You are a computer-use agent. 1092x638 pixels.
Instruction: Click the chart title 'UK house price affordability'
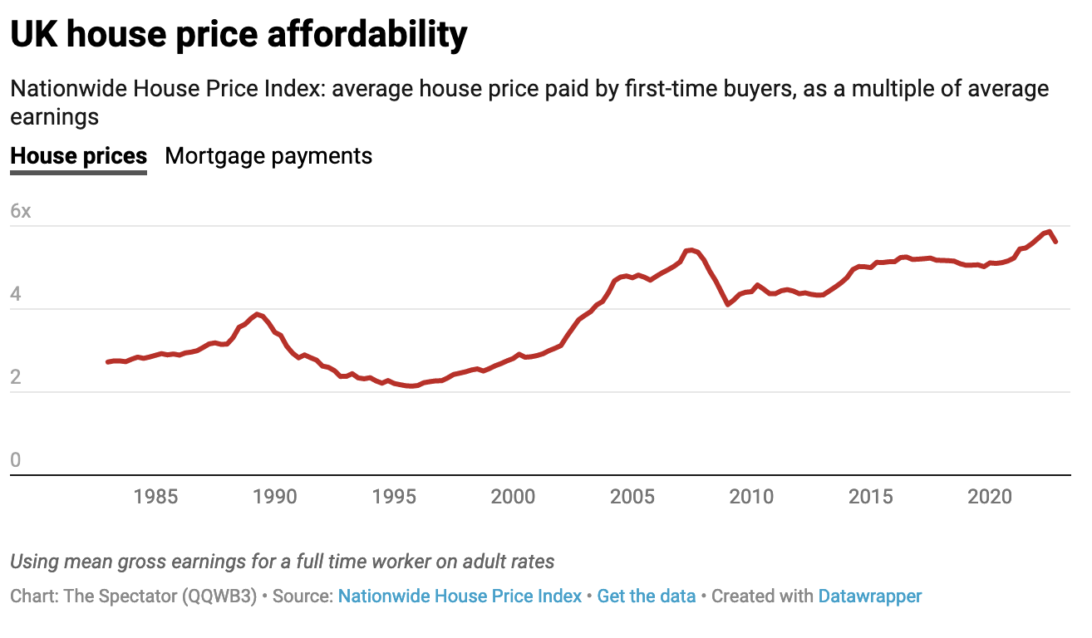[239, 35]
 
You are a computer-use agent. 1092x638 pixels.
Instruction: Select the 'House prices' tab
[78, 156]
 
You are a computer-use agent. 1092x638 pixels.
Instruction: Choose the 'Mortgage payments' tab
[268, 156]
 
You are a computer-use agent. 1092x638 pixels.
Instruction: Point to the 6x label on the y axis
[20, 211]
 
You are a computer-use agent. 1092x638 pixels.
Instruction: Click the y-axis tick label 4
[16, 294]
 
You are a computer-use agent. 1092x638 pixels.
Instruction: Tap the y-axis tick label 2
[16, 377]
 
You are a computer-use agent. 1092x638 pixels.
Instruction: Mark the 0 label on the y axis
[16, 460]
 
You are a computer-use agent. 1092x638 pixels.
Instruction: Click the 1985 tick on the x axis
[155, 497]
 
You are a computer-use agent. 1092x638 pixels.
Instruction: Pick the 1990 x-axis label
[275, 497]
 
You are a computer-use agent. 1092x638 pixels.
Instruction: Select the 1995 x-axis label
[394, 497]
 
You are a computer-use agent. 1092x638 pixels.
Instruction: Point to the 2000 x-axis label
[514, 497]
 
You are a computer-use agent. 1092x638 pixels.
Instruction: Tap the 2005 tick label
[632, 497]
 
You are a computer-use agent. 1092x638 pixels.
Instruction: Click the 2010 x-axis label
[751, 497]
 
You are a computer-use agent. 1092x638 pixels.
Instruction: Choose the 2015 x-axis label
[871, 497]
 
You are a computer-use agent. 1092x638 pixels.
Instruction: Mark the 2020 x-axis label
[990, 497]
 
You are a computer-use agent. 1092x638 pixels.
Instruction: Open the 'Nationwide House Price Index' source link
[460, 596]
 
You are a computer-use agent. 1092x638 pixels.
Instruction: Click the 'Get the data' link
[646, 596]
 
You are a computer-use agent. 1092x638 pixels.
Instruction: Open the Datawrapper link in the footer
[869, 596]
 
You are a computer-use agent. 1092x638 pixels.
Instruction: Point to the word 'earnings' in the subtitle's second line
[54, 117]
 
